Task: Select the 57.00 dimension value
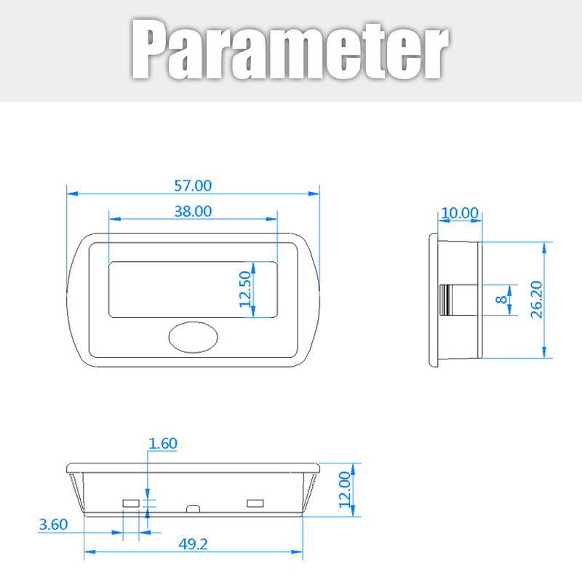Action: coord(193,186)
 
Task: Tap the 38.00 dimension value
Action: coord(193,212)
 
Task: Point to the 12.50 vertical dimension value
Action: coord(245,290)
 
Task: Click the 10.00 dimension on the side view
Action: coord(460,213)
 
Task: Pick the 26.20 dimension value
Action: coord(537,300)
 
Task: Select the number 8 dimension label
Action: coord(501,299)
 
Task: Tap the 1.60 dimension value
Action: coord(163,444)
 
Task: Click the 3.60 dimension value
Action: coord(53,525)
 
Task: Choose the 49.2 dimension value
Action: coord(193,544)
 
